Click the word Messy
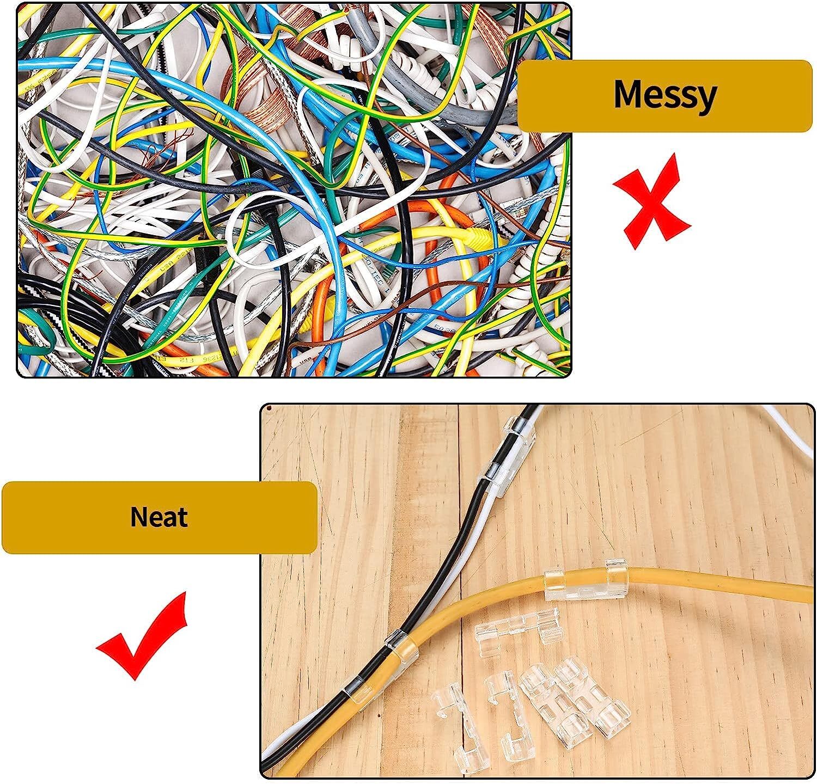664,95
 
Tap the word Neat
159,517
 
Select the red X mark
651,201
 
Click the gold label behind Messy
664,96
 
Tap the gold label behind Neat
160,517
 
